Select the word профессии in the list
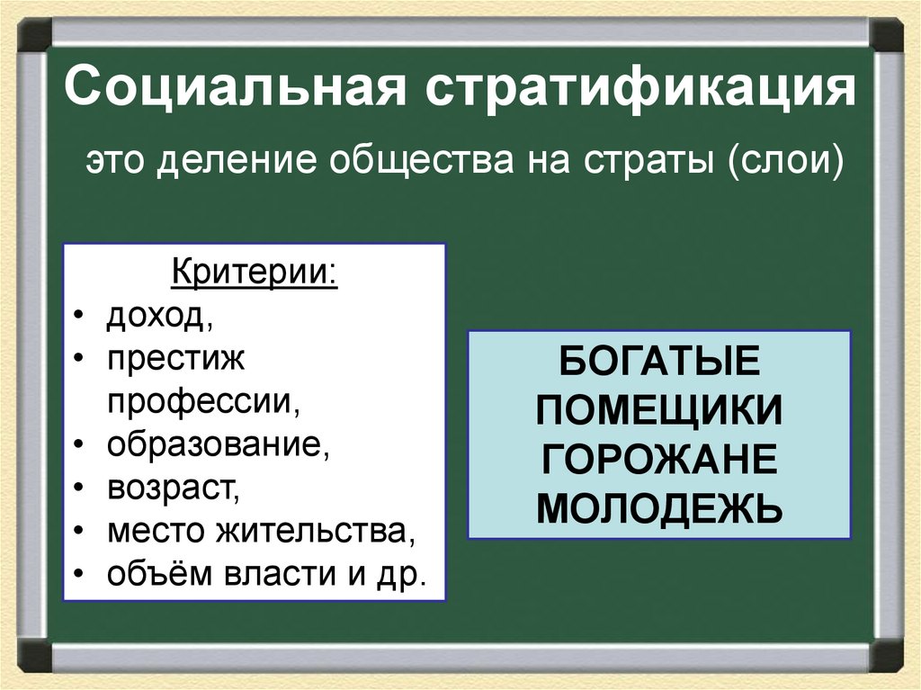point(203,401)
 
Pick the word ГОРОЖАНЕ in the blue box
point(659,461)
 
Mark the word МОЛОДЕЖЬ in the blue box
point(659,507)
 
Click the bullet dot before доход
point(79,316)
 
